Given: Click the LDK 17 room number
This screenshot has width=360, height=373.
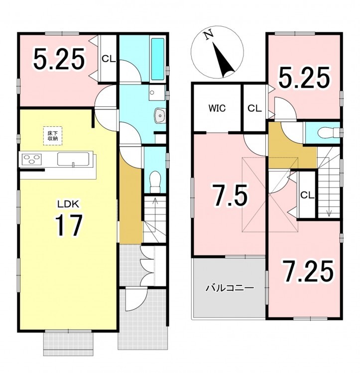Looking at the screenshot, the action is [69, 225].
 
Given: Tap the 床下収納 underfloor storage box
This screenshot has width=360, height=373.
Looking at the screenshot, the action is [53, 136].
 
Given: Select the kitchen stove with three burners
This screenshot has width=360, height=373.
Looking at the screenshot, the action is [32, 159].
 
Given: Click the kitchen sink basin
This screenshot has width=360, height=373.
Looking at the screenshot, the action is [73, 159].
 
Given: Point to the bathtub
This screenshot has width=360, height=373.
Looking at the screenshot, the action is [158, 59].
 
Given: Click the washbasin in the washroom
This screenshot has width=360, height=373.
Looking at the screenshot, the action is [160, 115].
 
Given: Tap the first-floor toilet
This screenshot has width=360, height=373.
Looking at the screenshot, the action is [155, 182].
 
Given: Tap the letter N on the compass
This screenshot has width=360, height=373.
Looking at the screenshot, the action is [209, 35].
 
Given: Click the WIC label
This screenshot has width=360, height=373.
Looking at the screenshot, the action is [217, 108].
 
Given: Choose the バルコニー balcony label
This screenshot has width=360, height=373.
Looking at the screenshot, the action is [230, 288].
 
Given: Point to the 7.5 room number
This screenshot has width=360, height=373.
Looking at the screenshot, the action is [230, 195].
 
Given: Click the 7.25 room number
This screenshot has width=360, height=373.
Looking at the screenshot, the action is [308, 271].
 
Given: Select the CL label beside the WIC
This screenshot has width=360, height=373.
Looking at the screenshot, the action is [254, 108].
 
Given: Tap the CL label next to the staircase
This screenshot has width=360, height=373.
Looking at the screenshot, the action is [307, 195].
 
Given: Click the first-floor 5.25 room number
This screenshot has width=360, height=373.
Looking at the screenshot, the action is [59, 59].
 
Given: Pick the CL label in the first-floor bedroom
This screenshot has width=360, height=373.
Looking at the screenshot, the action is [109, 59].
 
